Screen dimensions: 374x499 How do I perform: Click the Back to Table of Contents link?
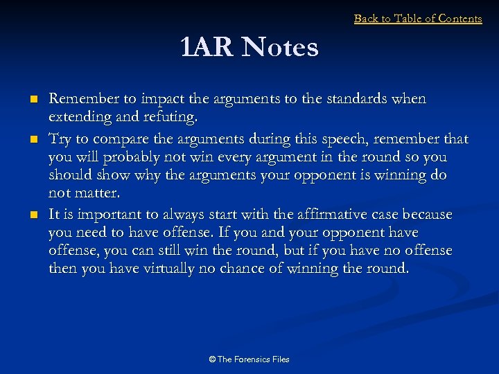point(418,19)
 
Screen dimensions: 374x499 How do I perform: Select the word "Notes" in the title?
point(281,48)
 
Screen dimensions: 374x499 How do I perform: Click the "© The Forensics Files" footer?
point(249,359)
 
